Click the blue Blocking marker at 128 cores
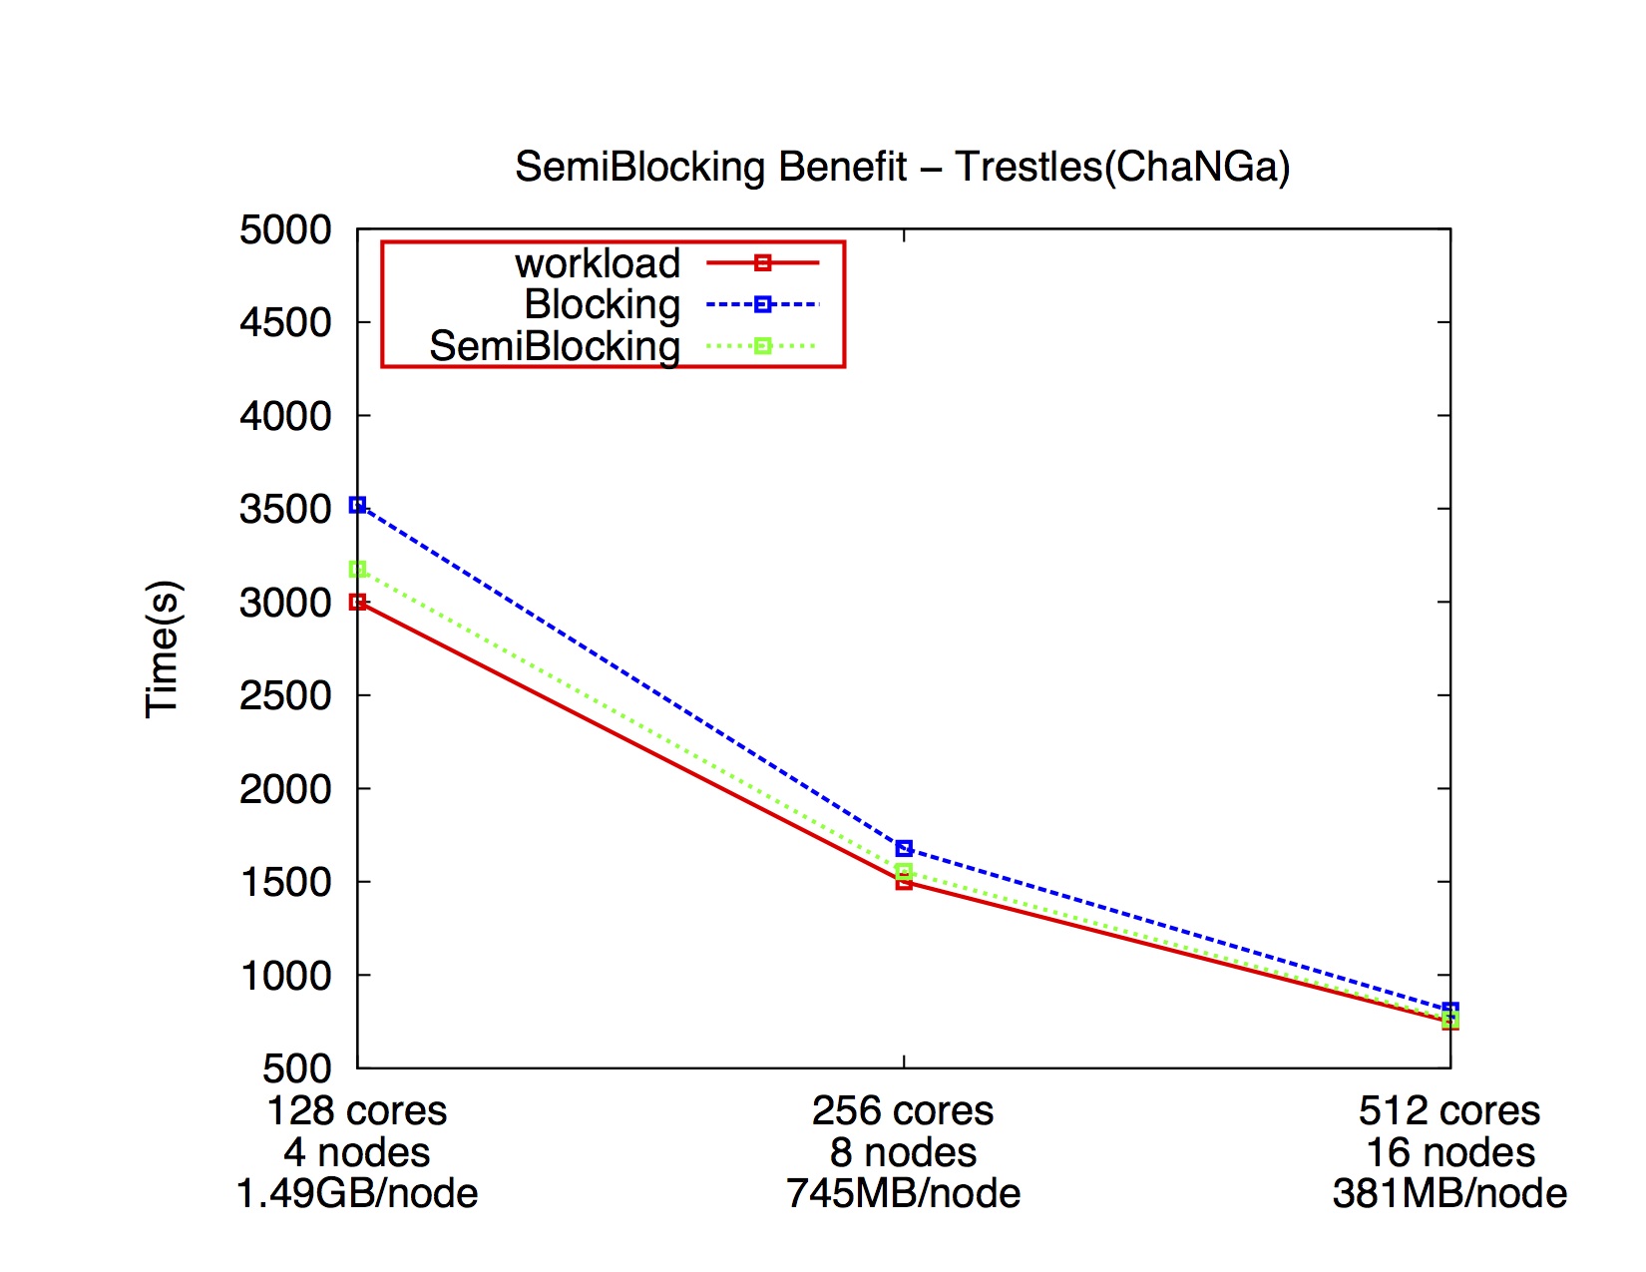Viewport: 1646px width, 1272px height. pos(357,505)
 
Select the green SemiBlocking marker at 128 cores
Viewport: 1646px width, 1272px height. pos(357,569)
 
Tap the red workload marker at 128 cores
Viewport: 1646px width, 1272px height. pos(357,602)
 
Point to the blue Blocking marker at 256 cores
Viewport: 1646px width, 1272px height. pos(904,848)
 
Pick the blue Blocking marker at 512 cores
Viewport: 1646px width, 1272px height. pos(1450,1010)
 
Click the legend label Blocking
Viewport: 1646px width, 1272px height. pos(602,304)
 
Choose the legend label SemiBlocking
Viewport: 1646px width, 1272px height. pos(555,346)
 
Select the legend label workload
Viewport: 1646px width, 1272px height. pos(597,263)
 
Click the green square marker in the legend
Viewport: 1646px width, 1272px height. pos(762,346)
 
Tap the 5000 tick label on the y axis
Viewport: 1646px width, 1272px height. pos(285,229)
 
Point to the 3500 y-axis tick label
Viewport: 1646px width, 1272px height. pos(285,509)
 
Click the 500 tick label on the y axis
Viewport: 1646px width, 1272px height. pos(296,1068)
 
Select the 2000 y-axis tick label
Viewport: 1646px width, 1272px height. pos(285,789)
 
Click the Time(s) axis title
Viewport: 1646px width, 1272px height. pos(163,648)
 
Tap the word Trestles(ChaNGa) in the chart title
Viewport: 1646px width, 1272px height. pos(1122,167)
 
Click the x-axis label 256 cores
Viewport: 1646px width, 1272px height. pos(903,1110)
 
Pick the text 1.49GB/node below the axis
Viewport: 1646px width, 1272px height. pos(357,1193)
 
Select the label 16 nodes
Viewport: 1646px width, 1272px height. pos(1449,1152)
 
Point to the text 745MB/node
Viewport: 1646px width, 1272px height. pos(903,1193)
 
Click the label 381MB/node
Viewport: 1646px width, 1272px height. pos(1449,1193)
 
